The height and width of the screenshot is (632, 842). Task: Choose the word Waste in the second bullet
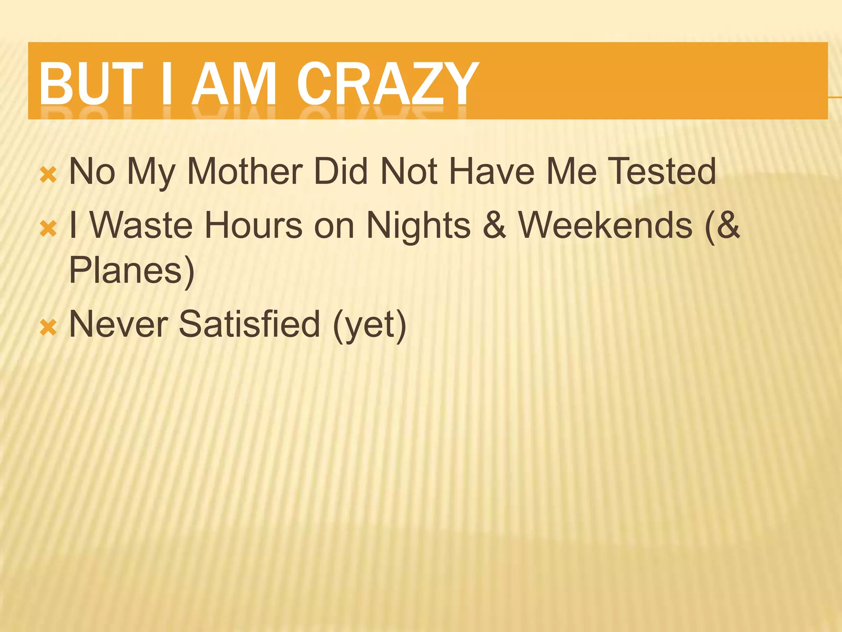coord(141,225)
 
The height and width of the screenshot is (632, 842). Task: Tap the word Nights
coord(418,225)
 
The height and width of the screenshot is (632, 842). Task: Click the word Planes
coord(125,270)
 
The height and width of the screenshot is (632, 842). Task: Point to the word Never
coord(118,324)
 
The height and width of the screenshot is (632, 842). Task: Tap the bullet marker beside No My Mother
coord(48,175)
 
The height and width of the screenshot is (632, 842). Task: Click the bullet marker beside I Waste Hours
coord(48,229)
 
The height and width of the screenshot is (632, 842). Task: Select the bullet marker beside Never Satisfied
coord(48,328)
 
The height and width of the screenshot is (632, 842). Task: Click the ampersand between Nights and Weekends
coord(494,225)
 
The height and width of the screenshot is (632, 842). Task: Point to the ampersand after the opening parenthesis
coord(728,225)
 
